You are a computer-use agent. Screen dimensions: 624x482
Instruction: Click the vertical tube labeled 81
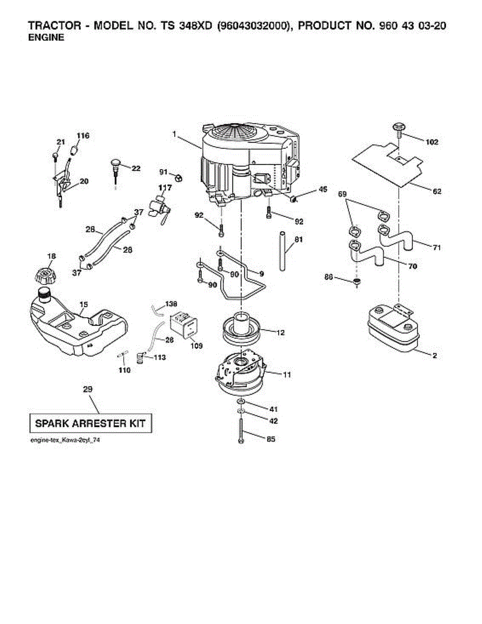point(282,251)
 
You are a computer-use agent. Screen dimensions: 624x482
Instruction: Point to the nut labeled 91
point(177,178)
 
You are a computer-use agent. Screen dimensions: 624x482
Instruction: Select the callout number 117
point(165,187)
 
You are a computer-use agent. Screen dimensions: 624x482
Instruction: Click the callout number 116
point(83,136)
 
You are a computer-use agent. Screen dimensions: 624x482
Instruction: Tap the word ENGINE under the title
point(46,38)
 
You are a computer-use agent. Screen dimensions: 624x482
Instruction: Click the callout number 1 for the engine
point(175,134)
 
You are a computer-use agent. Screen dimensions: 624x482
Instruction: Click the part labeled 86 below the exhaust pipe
point(356,283)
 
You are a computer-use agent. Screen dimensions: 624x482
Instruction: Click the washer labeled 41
point(241,403)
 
